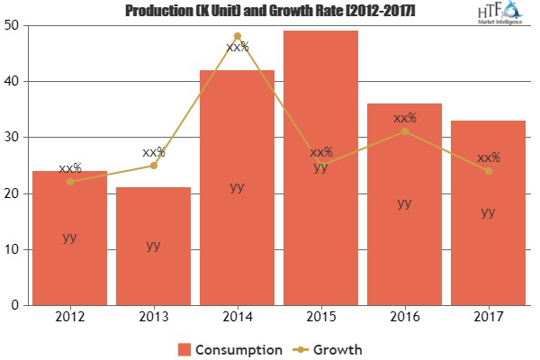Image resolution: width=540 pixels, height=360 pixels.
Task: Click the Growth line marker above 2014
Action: [237, 36]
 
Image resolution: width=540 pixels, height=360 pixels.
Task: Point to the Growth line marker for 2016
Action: [404, 131]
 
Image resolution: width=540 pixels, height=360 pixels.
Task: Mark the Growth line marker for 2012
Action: [69, 182]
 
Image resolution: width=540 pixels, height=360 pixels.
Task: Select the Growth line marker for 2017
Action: [488, 171]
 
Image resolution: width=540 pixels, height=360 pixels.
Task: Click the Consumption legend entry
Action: [229, 347]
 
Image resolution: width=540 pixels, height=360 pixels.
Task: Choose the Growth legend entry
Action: [330, 347]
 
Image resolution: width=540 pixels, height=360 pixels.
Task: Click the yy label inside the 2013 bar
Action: [153, 246]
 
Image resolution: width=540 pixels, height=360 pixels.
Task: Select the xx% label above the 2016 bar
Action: [404, 118]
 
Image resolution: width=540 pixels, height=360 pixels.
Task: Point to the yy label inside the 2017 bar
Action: [488, 212]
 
